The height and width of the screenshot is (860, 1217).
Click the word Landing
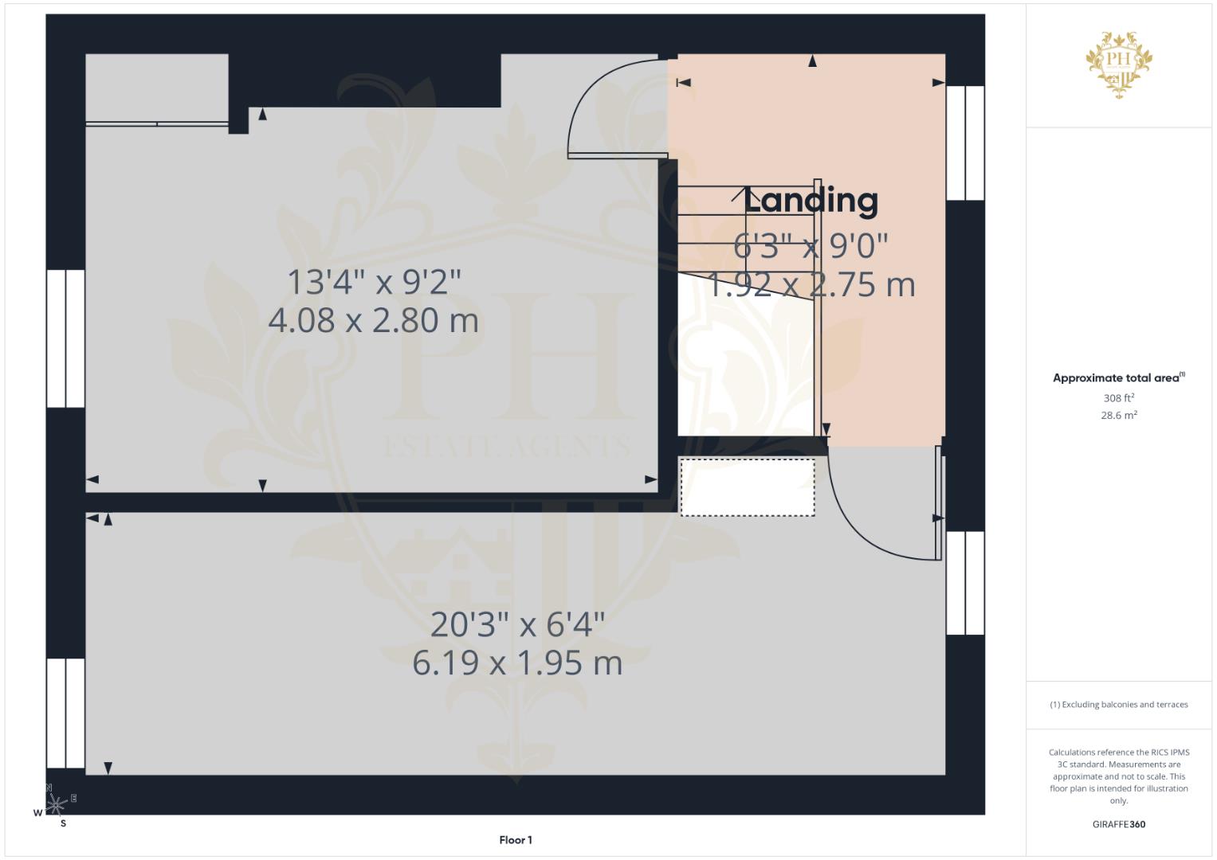pos(810,201)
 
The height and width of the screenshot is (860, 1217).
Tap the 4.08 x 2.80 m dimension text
pos(373,320)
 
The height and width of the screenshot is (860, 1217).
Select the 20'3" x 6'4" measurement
pos(517,624)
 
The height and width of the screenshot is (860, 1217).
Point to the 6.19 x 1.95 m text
pos(517,663)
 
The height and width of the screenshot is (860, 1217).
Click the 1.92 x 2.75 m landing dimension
pos(811,285)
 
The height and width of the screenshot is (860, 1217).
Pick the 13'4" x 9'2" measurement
pos(374,283)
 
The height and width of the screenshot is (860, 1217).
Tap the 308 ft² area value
pos(1119,398)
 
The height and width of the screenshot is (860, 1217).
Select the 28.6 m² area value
pos(1119,416)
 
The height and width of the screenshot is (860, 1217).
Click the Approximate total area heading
pos(1119,378)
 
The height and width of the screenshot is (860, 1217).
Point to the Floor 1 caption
pos(516,840)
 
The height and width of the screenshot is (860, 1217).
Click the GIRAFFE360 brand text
pos(1119,824)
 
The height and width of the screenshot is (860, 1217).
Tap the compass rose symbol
pos(55,804)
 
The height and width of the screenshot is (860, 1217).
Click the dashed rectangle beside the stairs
pos(748,487)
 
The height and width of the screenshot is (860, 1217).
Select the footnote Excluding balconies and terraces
pos(1119,705)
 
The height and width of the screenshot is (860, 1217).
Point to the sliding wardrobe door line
pos(157,124)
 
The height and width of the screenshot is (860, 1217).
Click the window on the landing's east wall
pos(965,143)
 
